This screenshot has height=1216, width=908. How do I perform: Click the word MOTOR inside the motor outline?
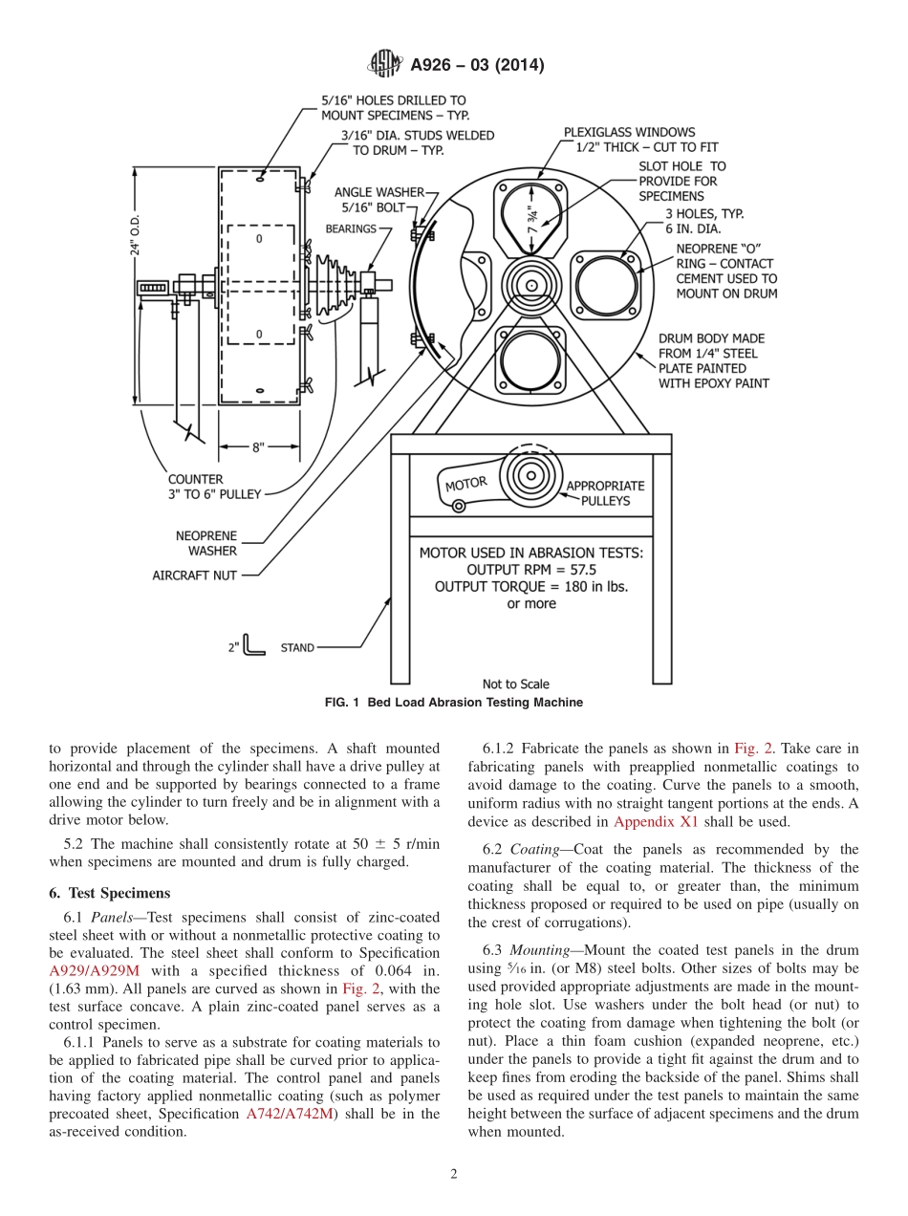pyautogui.click(x=465, y=484)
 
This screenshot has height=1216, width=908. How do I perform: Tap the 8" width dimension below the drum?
pyautogui.click(x=257, y=446)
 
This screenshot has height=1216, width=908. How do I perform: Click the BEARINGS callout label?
pyautogui.click(x=351, y=228)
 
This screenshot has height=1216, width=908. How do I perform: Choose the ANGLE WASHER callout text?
pyautogui.click(x=378, y=192)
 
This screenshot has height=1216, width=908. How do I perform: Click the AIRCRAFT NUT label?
pyautogui.click(x=194, y=575)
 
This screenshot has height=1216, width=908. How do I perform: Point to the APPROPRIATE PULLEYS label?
pyautogui.click(x=605, y=492)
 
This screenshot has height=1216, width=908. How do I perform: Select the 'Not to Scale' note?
pyautogui.click(x=515, y=684)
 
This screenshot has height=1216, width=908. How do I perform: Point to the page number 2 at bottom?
pyautogui.click(x=454, y=1174)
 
